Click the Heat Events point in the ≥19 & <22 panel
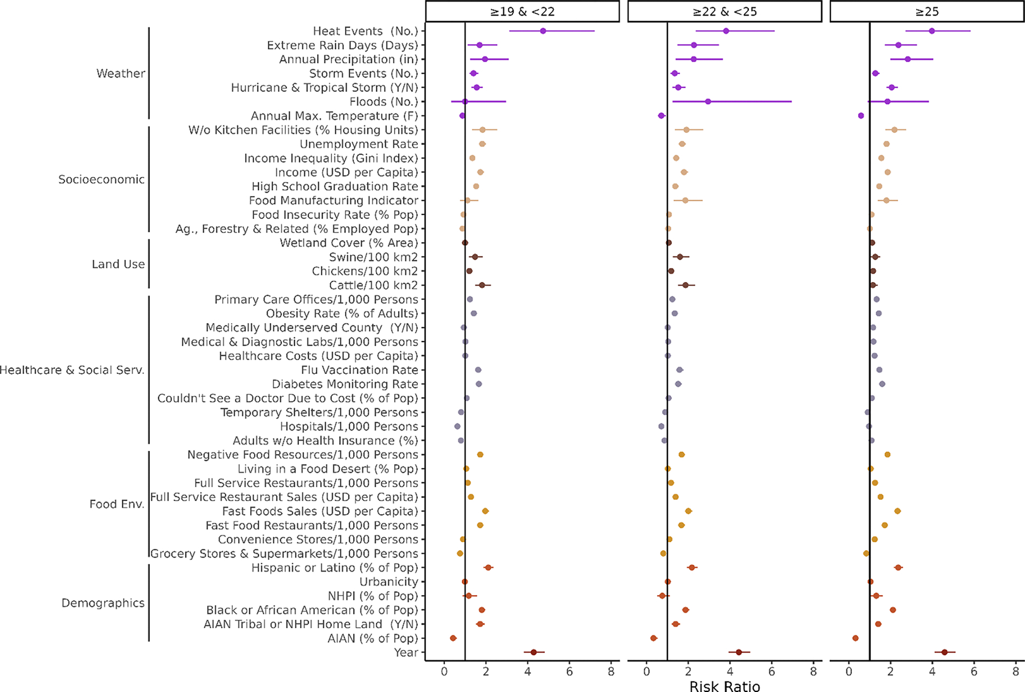(x=543, y=31)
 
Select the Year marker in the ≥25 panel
(x=944, y=652)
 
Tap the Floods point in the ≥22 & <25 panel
(x=708, y=101)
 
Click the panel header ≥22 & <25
(x=724, y=11)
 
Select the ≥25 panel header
(x=926, y=11)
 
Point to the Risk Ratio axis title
(x=724, y=686)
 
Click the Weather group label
(x=121, y=74)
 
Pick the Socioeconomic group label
(x=101, y=180)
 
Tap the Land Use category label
(x=118, y=264)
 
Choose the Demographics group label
(x=103, y=603)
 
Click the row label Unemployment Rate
(x=359, y=144)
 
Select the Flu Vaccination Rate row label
(x=359, y=370)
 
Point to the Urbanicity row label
(x=388, y=582)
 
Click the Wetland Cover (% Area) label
(x=348, y=243)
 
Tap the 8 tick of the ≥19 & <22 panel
(x=611, y=672)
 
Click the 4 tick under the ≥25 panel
(x=932, y=672)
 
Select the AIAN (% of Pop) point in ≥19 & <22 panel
(x=453, y=638)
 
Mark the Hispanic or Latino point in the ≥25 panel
(x=898, y=568)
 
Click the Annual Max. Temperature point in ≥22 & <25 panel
(x=661, y=116)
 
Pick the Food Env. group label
(x=117, y=504)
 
